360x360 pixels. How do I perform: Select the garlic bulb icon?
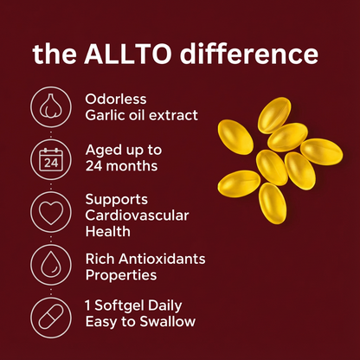coord(51,106)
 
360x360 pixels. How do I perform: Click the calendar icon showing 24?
coord(51,159)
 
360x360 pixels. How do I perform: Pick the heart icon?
coord(51,210)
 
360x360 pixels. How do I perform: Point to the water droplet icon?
coord(51,264)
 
